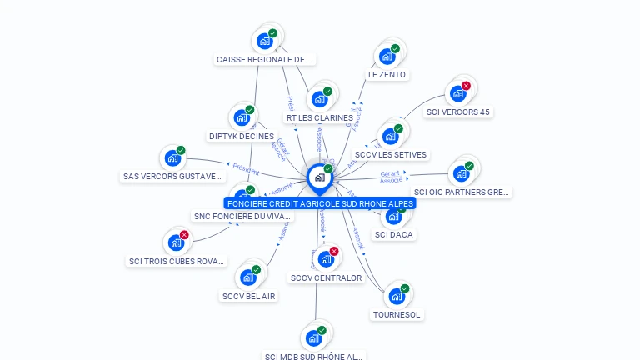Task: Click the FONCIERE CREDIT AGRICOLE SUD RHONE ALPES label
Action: point(320,203)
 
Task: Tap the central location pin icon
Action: point(319,177)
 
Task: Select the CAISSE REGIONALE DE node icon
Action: point(265,41)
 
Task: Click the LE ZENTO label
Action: point(387,75)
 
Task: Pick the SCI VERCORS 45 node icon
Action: point(457,93)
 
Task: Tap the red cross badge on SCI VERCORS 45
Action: point(466,86)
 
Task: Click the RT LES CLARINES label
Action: point(319,118)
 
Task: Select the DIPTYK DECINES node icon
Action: point(242,117)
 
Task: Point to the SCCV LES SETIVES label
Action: point(390,155)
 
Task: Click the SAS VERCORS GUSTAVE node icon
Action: point(172,157)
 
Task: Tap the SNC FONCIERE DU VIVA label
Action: point(242,217)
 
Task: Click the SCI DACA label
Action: point(394,235)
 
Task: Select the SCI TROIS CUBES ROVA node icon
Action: point(176,242)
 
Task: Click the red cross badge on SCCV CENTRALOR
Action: point(334,251)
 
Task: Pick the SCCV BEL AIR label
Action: point(248,296)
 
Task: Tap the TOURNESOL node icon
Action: point(397,296)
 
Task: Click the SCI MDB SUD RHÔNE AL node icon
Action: point(313,338)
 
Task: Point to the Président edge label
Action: point(246,168)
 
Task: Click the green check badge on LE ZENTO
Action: point(395,48)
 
